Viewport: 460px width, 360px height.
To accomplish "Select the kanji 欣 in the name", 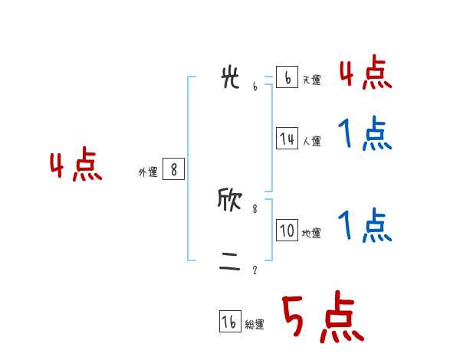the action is click(230, 201).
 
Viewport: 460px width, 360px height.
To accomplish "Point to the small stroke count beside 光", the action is click(255, 87).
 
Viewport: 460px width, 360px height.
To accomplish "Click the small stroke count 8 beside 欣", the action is click(255, 208).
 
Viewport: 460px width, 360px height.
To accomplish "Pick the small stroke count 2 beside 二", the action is click(255, 270).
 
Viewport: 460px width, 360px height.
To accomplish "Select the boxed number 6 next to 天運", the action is click(287, 77).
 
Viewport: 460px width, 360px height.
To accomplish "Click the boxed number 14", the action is click(287, 139).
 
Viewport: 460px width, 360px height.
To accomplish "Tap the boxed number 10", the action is click(287, 231).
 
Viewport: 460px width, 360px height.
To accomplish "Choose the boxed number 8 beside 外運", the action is click(173, 169).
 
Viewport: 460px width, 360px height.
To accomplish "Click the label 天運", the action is click(311, 80).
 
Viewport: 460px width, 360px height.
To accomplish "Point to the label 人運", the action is click(311, 141).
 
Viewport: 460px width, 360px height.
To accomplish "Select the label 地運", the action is click(311, 233).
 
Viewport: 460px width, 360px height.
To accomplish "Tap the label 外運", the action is click(148, 172).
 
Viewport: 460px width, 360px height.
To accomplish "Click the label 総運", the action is click(255, 325).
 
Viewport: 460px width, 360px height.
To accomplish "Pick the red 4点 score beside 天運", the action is click(365, 73).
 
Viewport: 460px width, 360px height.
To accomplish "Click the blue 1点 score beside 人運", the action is click(365, 134).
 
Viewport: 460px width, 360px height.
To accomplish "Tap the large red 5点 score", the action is click(322, 318).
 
